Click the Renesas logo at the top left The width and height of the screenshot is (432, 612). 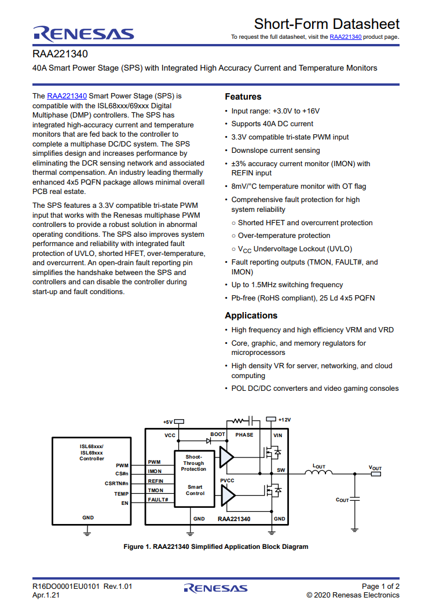coord(83,34)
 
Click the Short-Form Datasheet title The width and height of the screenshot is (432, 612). coord(327,24)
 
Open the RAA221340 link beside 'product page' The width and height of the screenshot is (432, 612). coord(345,36)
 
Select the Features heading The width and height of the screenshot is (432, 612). coord(243,97)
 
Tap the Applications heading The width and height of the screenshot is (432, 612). coord(251,316)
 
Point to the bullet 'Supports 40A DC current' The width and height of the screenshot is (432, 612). coord(272,124)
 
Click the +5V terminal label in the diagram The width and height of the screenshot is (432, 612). coord(168,422)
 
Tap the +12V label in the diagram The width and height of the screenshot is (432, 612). coord(284,420)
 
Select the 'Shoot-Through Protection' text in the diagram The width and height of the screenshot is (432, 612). coord(193,463)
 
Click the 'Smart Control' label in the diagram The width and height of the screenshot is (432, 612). coord(195,490)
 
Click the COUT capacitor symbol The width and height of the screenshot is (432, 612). coord(355,500)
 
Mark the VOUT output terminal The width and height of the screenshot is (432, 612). coord(375,474)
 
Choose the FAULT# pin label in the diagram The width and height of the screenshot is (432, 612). coord(158,500)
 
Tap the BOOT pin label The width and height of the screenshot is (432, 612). coord(218,434)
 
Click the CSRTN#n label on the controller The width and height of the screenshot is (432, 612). coord(116,483)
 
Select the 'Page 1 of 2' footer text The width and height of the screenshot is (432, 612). coord(380,587)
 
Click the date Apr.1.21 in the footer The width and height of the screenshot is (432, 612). coord(46,595)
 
